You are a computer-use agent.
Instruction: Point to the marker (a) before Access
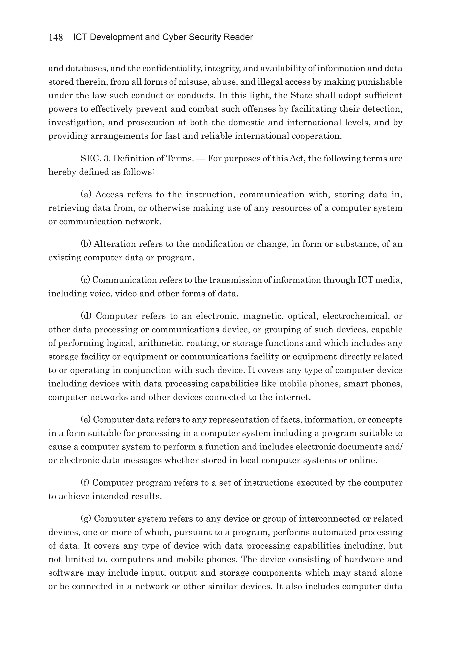click(86, 194)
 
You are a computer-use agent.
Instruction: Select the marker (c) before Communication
click(85, 280)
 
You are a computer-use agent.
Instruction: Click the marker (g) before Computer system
click(86, 519)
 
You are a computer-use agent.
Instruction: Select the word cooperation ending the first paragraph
click(317, 136)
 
